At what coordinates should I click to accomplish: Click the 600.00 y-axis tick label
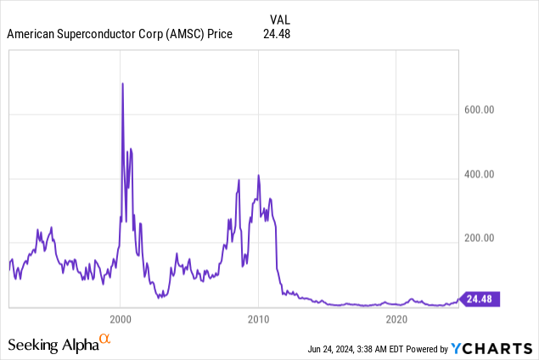pyautogui.click(x=480, y=110)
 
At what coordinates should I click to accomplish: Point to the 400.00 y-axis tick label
pyautogui.click(x=480, y=175)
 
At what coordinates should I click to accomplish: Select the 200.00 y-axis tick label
pyautogui.click(x=480, y=240)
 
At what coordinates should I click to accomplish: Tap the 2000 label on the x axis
pyautogui.click(x=121, y=319)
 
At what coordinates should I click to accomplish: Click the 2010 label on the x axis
pyautogui.click(x=258, y=319)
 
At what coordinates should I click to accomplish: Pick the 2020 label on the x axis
pyautogui.click(x=396, y=319)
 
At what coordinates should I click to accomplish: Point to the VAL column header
pyautogui.click(x=281, y=19)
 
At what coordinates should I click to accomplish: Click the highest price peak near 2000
pyautogui.click(x=123, y=83)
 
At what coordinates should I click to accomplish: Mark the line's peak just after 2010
pyautogui.click(x=258, y=175)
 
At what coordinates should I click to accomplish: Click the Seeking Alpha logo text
pyautogui.click(x=53, y=345)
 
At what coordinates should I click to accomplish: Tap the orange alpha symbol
pyautogui.click(x=105, y=340)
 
